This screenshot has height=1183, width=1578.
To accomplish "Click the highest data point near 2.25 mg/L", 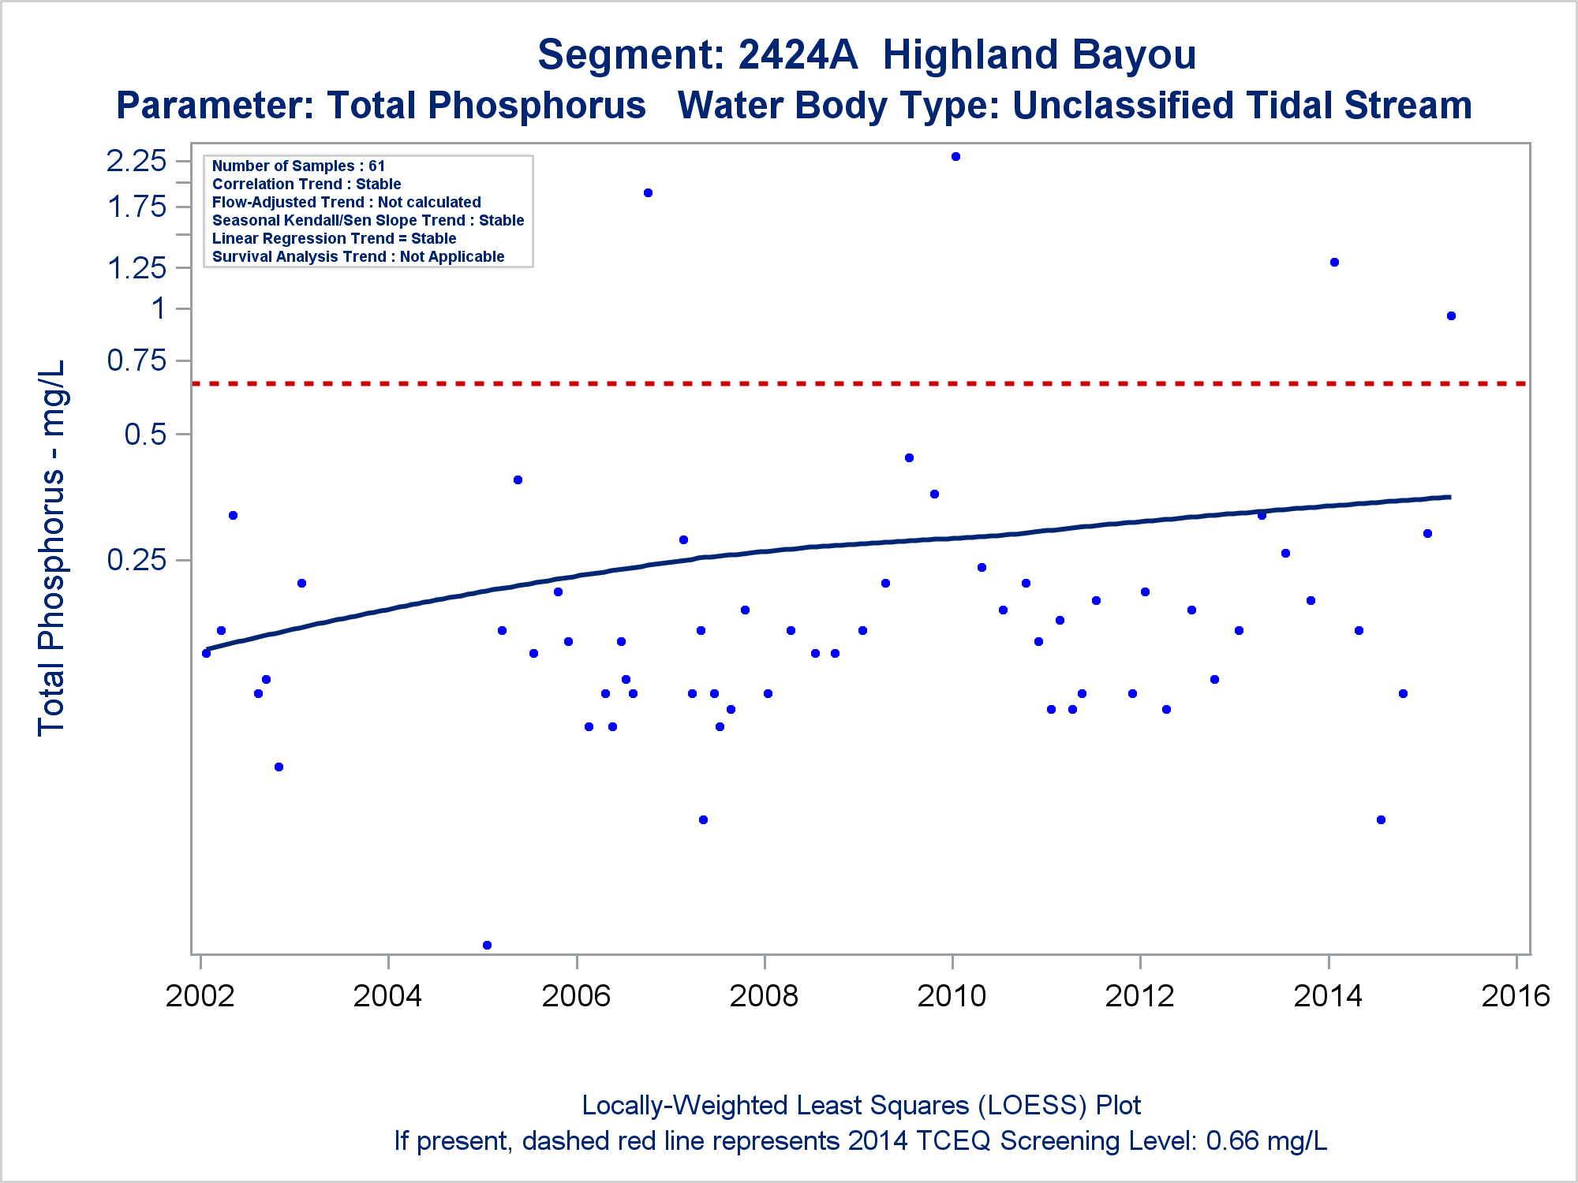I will point(955,157).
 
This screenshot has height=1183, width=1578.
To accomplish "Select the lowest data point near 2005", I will point(487,945).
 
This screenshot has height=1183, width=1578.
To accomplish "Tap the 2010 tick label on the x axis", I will point(952,996).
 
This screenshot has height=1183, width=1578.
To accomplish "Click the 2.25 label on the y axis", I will point(136,161).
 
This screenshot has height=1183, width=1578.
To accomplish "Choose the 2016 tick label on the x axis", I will point(1516,996).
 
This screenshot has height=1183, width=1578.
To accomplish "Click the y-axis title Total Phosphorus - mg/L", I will point(52,548).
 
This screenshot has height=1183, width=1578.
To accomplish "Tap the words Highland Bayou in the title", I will point(1038,55).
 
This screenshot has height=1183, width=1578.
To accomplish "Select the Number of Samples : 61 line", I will point(298,166).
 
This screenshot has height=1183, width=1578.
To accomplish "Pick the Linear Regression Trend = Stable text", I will point(334,238).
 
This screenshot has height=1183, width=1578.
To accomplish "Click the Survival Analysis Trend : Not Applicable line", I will point(358,256).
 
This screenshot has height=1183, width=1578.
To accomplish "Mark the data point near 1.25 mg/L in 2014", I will point(1334,263).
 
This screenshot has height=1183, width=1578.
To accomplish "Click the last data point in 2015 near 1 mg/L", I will point(1451,316).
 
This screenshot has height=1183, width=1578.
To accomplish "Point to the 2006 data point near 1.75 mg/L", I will point(648,193).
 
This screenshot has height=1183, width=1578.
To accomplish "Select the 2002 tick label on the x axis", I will point(200,996).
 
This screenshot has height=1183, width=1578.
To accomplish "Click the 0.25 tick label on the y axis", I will point(136,560).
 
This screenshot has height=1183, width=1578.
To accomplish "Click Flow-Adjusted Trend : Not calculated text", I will point(346,202).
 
